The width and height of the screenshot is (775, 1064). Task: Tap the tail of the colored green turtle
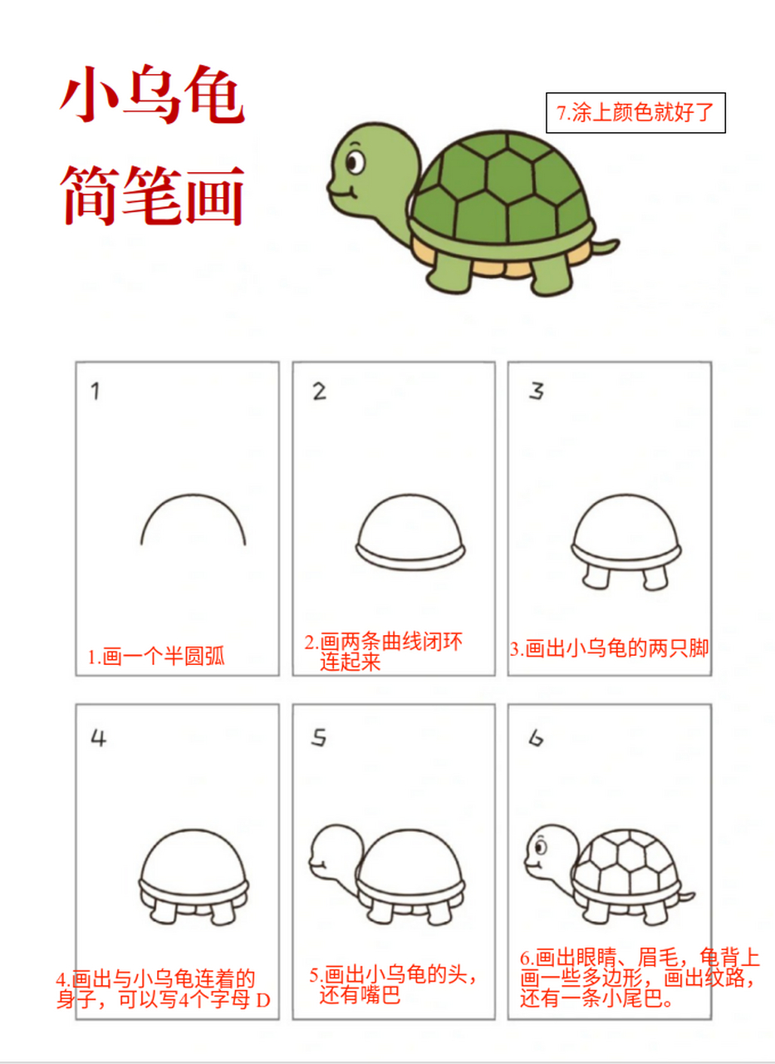pos(607,247)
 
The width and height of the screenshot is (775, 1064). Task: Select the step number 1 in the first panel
pos(96,392)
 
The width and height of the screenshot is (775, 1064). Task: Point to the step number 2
pos(319,392)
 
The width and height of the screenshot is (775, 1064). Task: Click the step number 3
pos(537,392)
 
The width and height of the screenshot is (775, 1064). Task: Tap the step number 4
pos(99,737)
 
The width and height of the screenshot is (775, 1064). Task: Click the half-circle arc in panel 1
pos(194,499)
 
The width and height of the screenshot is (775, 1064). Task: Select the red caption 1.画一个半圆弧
pos(156,658)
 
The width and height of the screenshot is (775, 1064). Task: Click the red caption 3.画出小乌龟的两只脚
pos(609,648)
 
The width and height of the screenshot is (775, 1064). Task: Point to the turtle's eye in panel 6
pos(541,847)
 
